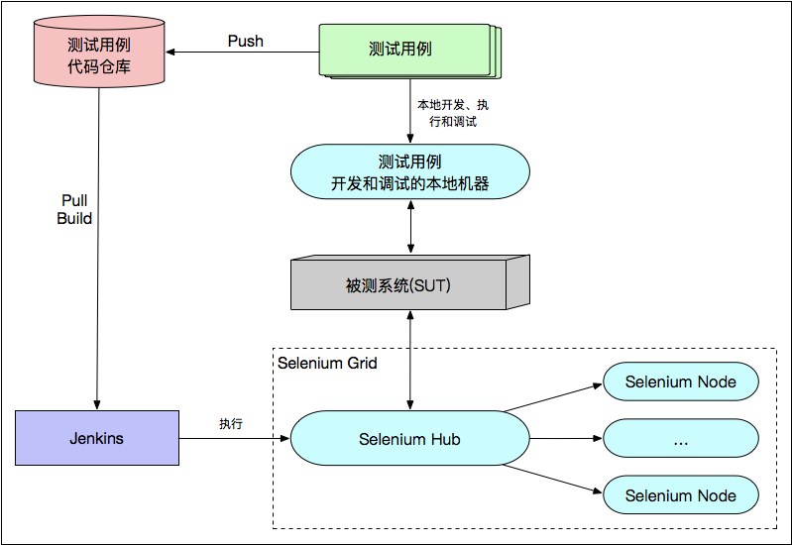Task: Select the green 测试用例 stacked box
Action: coord(407,50)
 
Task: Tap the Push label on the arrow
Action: coord(245,42)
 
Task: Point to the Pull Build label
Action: coord(74,209)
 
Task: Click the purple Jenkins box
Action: coord(97,438)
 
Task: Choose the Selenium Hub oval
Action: coord(409,439)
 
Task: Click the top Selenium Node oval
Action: coord(681,381)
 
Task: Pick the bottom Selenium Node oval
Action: coord(681,495)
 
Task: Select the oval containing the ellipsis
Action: coord(681,439)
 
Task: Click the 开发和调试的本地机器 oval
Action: coord(409,172)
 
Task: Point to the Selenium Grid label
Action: coord(327,363)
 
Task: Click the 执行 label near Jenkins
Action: coord(231,423)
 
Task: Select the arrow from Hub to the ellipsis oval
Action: coord(565,438)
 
